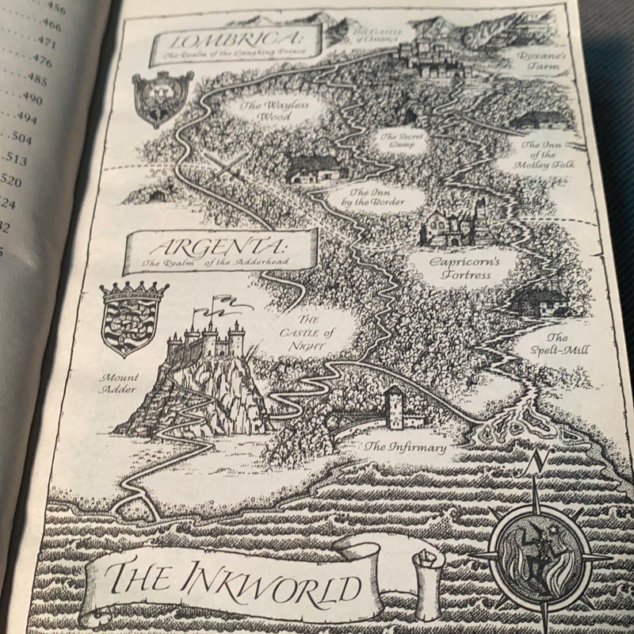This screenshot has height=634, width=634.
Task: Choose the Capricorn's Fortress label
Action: click(461, 267)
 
